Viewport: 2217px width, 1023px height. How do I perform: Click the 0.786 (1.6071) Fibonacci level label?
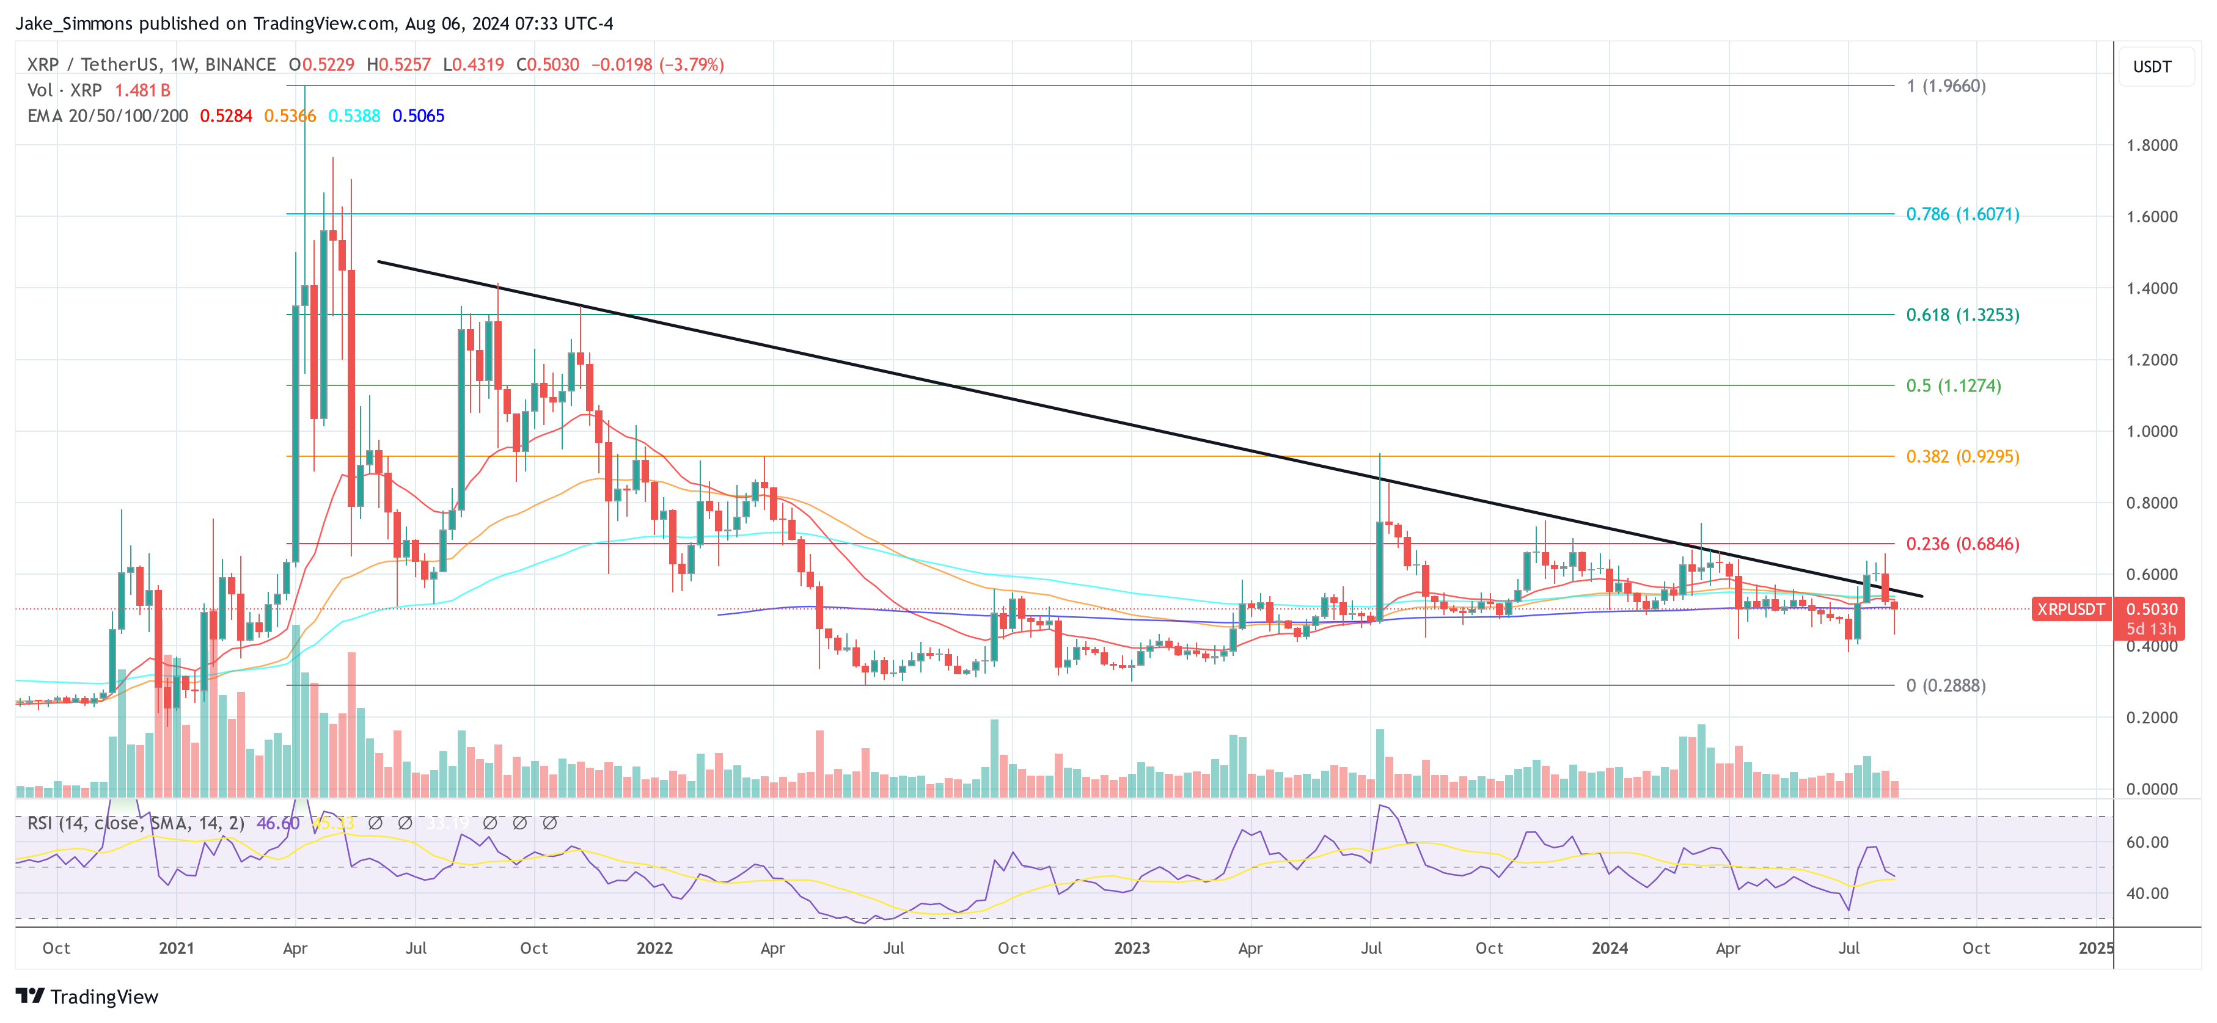click(x=1962, y=214)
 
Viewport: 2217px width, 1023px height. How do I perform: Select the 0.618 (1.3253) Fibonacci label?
click(x=1962, y=315)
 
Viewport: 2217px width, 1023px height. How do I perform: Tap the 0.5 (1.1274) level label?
click(x=1953, y=385)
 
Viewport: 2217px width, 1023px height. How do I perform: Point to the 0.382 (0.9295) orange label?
click(x=1962, y=457)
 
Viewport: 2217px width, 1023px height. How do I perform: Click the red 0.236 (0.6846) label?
click(x=1962, y=544)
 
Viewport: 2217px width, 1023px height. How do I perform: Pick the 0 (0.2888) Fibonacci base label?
click(x=1945, y=686)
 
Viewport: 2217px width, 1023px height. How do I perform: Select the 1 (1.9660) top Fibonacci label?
click(x=1945, y=86)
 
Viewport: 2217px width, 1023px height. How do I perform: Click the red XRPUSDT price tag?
click(x=2070, y=609)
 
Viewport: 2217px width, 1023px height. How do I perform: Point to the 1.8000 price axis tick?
click(x=2151, y=145)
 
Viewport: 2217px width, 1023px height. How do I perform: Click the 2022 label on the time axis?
click(x=654, y=948)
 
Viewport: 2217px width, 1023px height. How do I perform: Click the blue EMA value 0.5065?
click(x=418, y=116)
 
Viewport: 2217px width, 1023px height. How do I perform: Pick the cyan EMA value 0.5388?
click(x=354, y=116)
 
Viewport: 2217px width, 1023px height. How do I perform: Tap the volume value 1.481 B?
click(x=143, y=90)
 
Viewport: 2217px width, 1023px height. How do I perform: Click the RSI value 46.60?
click(x=278, y=823)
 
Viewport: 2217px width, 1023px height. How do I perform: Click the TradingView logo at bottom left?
click(x=87, y=996)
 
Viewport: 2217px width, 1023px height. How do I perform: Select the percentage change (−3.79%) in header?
click(x=691, y=65)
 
